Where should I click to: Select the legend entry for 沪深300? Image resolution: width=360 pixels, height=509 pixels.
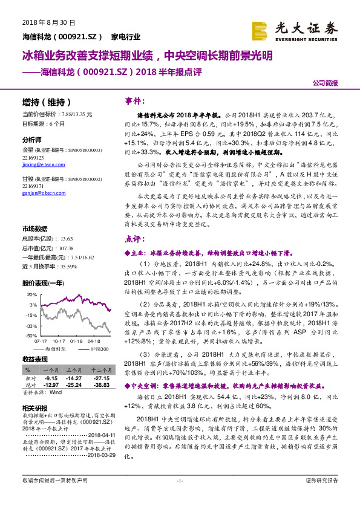pyautogui.click(x=100, y=349)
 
